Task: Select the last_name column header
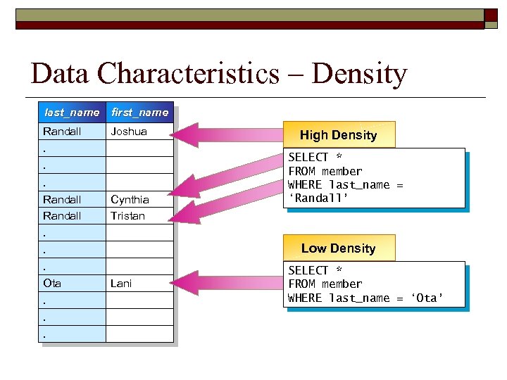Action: tap(71, 113)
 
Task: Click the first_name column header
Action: tap(139, 113)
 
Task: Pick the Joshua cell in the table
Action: tap(128, 132)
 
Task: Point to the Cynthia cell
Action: tap(130, 199)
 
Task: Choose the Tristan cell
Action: tap(127, 216)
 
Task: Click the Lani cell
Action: tap(121, 284)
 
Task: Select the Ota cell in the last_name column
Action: tap(52, 284)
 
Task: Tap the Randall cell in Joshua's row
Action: tap(62, 132)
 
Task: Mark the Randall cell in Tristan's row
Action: tap(62, 216)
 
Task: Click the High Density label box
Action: tap(339, 135)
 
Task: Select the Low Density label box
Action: tap(339, 248)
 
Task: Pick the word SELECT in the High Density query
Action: tap(308, 158)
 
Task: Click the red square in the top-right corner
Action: tap(492, 17)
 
